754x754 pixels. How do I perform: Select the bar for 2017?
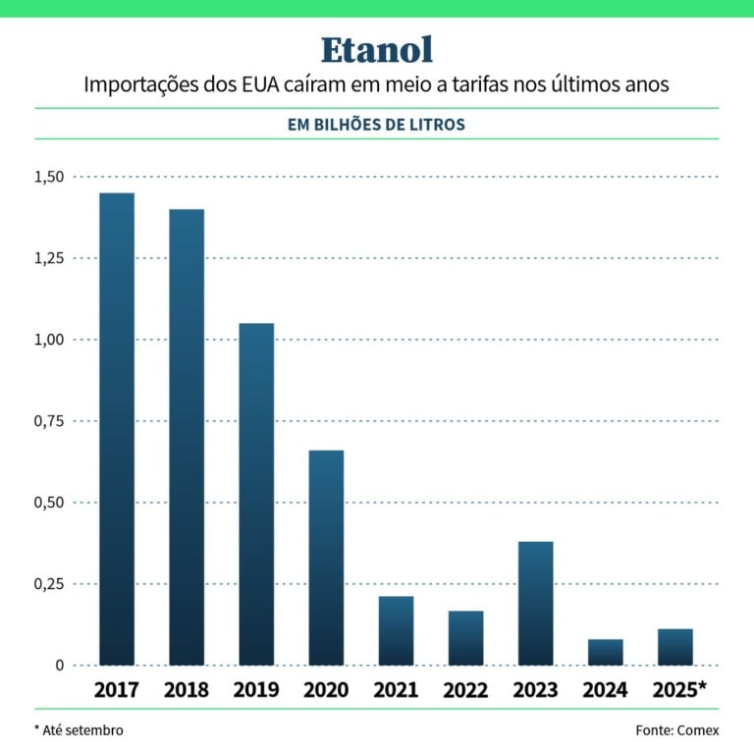point(117,429)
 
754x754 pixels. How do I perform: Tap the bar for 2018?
point(187,437)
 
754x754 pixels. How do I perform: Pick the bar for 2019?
point(256,494)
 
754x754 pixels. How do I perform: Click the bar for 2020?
point(326,558)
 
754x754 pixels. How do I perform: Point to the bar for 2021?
point(396,630)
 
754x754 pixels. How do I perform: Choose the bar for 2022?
point(466,638)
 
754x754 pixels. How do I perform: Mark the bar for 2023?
point(536,603)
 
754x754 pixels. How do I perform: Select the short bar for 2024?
point(606,652)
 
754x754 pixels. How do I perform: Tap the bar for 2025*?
point(675,647)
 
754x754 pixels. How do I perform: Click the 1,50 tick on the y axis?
point(47,177)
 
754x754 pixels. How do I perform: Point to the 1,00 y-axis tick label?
point(47,340)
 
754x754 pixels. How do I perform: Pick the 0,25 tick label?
point(47,584)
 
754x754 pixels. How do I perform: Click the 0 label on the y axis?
point(59,666)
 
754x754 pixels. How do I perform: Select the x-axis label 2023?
point(536,690)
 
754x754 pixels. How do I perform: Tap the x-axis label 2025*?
point(678,690)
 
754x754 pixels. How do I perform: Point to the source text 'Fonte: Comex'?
point(677,730)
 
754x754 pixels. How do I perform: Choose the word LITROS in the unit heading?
point(440,125)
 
